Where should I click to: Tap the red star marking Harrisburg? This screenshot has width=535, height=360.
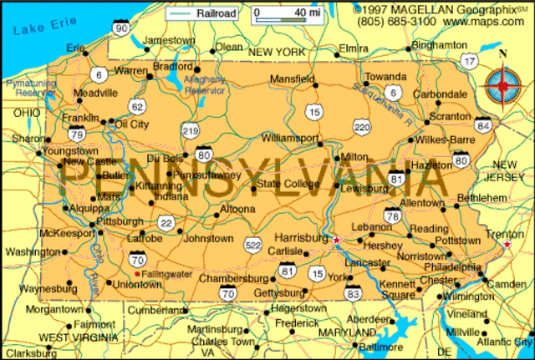(x=336, y=241)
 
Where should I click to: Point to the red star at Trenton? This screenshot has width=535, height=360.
(x=507, y=245)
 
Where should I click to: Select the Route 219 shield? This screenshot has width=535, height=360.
(x=191, y=129)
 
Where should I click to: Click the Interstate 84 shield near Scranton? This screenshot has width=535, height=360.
(x=482, y=125)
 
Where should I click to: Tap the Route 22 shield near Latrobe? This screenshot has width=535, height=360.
(x=168, y=222)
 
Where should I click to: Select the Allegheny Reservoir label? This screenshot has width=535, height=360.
(x=204, y=84)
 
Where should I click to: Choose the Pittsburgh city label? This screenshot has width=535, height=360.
(x=120, y=221)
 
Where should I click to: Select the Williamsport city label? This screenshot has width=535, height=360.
(x=289, y=136)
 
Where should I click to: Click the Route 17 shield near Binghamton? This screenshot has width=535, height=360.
(x=471, y=62)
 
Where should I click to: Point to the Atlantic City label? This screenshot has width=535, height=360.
(x=503, y=342)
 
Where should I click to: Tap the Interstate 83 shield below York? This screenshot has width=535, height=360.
(x=353, y=292)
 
